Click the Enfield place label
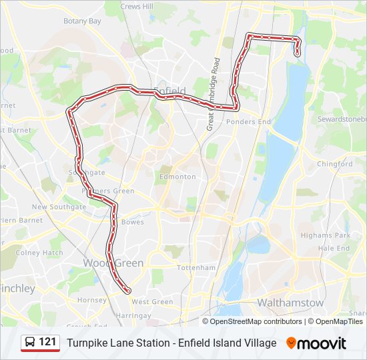(x=169, y=91)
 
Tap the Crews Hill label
(x=137, y=6)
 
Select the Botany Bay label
(x=82, y=21)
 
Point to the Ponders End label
(x=248, y=122)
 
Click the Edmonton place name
(x=177, y=177)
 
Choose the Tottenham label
(x=196, y=267)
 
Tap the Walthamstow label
(x=290, y=303)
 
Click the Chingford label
(x=335, y=164)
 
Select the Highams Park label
(x=325, y=236)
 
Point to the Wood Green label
(x=113, y=263)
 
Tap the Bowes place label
(x=133, y=222)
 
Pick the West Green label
(x=152, y=302)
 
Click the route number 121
(x=47, y=342)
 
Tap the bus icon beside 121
(x=30, y=343)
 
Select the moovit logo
(x=316, y=343)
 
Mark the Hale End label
(x=334, y=248)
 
